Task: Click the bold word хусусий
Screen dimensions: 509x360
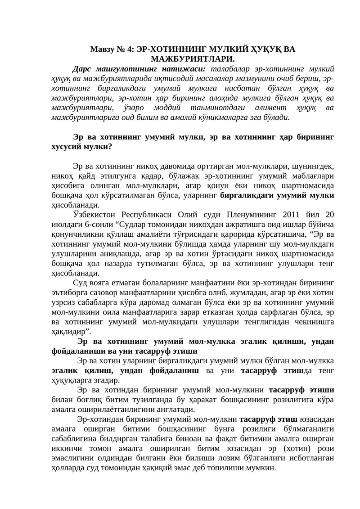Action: click(67, 147)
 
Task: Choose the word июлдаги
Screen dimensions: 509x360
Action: click(66, 223)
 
